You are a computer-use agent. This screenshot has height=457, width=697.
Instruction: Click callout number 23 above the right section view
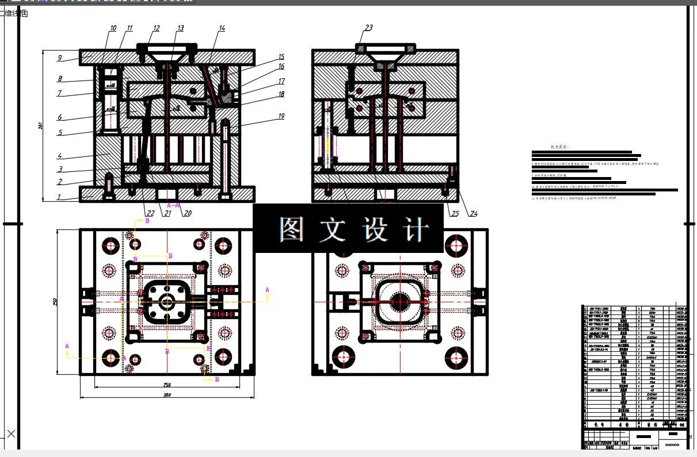tap(369, 28)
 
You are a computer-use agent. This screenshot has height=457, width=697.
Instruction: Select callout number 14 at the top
tap(222, 28)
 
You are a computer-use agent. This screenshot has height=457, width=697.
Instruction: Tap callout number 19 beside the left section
tap(281, 116)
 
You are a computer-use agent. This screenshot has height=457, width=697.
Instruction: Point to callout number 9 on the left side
tap(59, 57)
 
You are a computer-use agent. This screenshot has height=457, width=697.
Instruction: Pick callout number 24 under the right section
tap(474, 214)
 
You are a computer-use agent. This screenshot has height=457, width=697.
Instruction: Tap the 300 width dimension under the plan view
tap(167, 395)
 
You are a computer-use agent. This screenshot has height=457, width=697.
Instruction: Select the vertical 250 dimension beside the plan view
tap(55, 301)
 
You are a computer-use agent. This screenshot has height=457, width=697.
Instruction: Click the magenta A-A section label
tap(173, 205)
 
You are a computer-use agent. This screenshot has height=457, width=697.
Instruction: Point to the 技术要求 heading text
tap(559, 147)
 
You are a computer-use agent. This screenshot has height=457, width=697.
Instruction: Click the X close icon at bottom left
tap(11, 433)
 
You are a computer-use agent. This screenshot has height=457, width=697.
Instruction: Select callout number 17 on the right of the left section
tap(281, 82)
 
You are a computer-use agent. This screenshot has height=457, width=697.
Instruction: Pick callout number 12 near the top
tap(157, 28)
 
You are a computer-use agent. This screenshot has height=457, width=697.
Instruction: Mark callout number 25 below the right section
tap(455, 214)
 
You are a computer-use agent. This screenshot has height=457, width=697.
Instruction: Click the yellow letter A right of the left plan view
tap(267, 289)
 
